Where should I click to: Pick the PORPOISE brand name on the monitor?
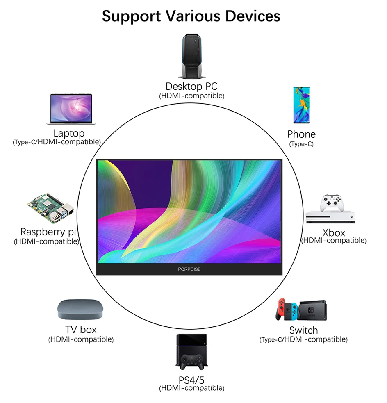189,269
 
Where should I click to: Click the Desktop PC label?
191,87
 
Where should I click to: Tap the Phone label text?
301,134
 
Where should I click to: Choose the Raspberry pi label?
48,232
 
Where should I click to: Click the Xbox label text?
334,232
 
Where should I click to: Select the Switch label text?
303,330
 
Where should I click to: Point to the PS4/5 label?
191,379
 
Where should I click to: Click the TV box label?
81,330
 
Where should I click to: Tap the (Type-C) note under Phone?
301,144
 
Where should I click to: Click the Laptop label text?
69,133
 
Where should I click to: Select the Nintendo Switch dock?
313,310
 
